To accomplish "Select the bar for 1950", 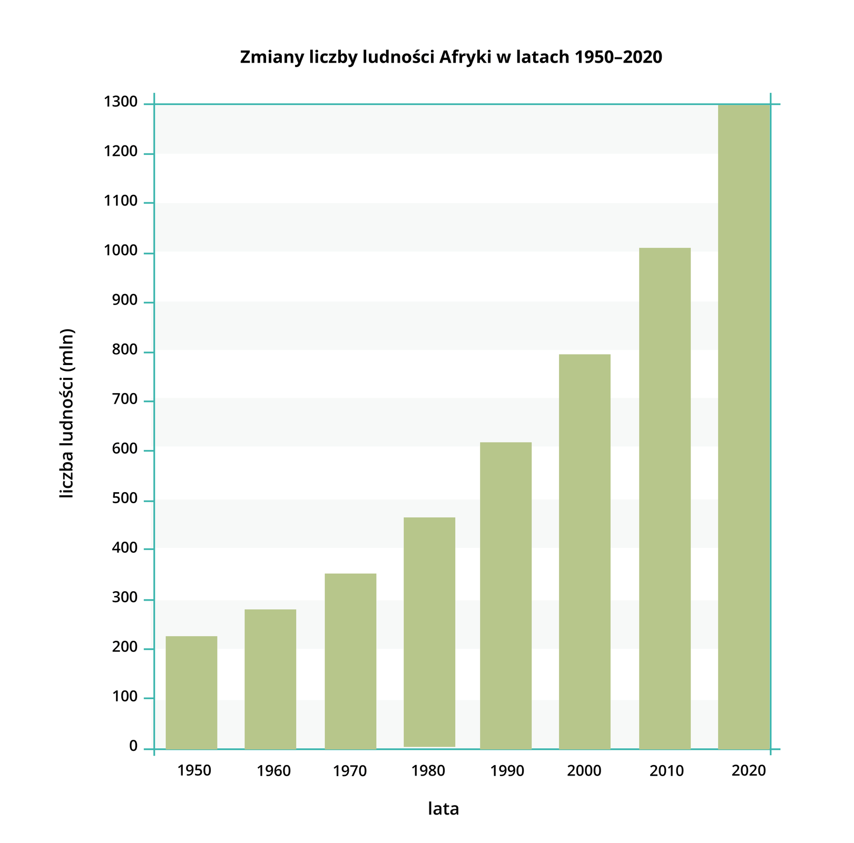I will (x=191, y=692).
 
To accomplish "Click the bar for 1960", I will (x=270, y=679).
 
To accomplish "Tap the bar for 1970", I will (x=350, y=661).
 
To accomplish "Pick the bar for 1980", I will (x=429, y=632).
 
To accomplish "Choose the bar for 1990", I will (x=506, y=595).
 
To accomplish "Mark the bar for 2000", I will (x=585, y=551).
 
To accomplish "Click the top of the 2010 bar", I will (x=665, y=249).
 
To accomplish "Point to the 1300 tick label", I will (x=121, y=103).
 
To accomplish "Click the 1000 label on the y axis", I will (x=121, y=252).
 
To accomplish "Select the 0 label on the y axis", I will (x=133, y=747).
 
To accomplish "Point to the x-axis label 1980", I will (x=428, y=771).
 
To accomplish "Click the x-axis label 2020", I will (x=749, y=771).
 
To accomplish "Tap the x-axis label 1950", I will (x=194, y=771).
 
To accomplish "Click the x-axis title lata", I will (x=443, y=809).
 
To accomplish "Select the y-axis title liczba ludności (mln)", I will (x=67, y=414).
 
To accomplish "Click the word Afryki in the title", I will (x=464, y=57).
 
